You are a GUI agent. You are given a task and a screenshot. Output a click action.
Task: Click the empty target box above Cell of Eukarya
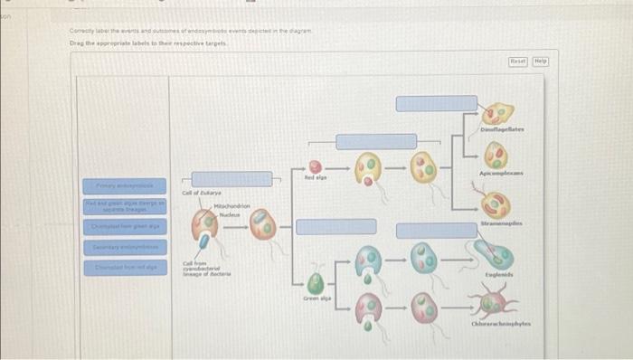(231, 179)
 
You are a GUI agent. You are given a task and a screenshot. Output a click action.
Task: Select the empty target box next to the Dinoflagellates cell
(436, 103)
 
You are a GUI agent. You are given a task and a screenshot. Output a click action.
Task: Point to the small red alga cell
(314, 168)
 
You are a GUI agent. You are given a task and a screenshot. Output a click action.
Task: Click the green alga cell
(314, 283)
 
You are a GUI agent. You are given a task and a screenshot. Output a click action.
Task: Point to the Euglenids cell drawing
(499, 247)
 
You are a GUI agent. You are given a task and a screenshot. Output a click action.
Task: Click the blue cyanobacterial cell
(207, 242)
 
